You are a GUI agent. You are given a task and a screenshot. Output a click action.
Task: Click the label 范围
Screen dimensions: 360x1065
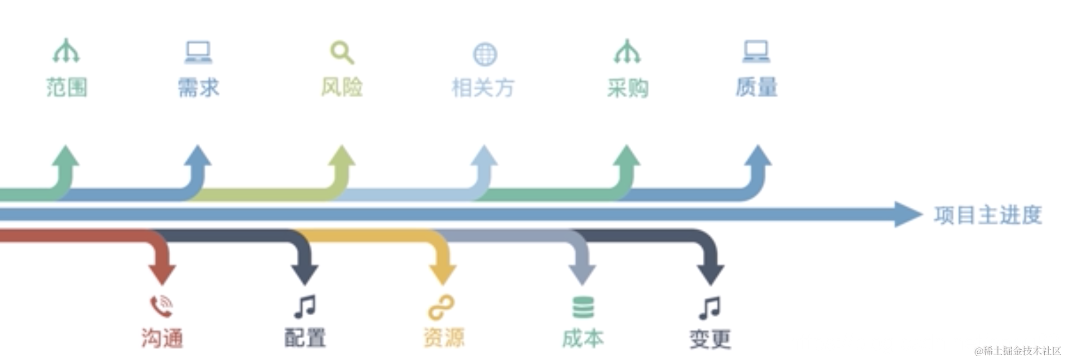[67, 87]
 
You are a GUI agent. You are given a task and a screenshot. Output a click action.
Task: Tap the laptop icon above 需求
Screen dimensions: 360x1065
[198, 52]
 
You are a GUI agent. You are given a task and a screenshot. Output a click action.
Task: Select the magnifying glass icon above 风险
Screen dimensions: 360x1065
[342, 53]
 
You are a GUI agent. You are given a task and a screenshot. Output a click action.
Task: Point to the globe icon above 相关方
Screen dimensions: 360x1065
[484, 54]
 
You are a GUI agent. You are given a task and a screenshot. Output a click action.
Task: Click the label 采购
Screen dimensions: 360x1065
[627, 87]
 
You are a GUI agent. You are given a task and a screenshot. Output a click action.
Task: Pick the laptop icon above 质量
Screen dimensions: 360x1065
[756, 52]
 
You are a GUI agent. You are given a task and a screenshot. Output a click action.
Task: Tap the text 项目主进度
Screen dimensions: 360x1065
[988, 215]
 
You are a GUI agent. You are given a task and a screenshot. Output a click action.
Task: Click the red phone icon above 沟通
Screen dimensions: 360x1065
[161, 307]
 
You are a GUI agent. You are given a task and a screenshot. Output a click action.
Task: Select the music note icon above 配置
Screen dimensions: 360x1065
[304, 307]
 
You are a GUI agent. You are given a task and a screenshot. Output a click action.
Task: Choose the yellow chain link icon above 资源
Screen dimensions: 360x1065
[442, 308]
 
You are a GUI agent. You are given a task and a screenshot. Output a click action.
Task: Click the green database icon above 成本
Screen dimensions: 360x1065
[583, 308]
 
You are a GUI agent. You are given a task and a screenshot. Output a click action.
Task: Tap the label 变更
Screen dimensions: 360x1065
[710, 339]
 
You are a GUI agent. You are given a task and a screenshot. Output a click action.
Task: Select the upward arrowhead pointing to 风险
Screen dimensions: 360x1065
[342, 156]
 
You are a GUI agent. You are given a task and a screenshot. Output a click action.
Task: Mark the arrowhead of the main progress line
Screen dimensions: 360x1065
[908, 214]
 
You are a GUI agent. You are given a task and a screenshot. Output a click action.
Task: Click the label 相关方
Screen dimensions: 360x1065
[483, 87]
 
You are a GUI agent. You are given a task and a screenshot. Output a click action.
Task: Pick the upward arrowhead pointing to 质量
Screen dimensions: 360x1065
[758, 156]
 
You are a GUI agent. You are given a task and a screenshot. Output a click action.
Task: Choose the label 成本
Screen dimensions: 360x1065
[583, 339]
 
